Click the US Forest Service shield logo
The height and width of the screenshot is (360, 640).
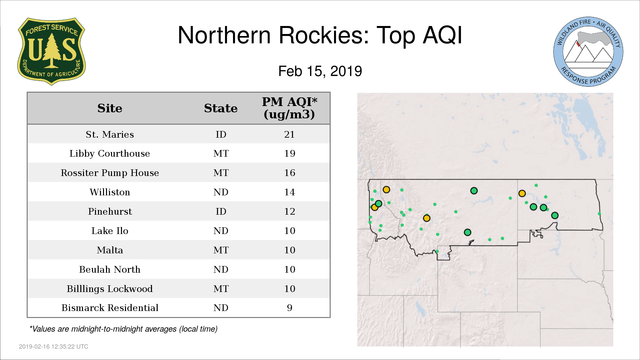(x=51, y=52)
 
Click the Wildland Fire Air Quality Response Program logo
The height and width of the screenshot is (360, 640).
(x=588, y=52)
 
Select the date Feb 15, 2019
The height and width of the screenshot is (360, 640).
(x=320, y=71)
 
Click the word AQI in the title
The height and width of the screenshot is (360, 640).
(x=443, y=35)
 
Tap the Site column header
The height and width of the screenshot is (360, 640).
(x=110, y=108)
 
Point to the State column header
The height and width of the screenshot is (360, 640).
(x=221, y=108)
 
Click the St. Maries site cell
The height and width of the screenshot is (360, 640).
(x=110, y=134)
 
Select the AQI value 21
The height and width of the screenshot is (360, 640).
(x=289, y=134)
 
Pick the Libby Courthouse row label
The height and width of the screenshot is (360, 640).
(x=110, y=154)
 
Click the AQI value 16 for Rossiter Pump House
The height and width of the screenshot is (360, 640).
(x=290, y=173)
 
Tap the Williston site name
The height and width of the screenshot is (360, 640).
(x=110, y=192)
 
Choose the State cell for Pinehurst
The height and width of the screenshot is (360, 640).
(x=221, y=212)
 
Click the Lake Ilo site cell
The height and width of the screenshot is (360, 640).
(x=110, y=231)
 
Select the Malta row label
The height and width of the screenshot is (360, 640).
(x=110, y=250)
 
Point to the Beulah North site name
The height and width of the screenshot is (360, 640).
(x=110, y=270)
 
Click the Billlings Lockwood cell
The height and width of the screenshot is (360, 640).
(x=110, y=289)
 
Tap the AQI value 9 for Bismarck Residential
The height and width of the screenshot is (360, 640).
(x=290, y=308)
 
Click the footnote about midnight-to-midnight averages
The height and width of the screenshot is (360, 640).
(x=123, y=329)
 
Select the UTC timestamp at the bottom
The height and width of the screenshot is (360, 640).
(x=54, y=347)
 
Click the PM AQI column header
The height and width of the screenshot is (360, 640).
(x=289, y=108)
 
